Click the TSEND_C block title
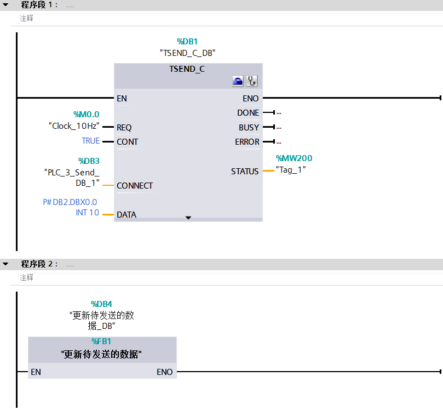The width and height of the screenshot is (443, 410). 187,69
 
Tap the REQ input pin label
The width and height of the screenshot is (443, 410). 124,127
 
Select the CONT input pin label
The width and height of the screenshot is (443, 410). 127,141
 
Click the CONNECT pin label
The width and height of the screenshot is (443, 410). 135,185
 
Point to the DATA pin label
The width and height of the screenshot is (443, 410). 126,214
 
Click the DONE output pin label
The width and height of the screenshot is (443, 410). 248,112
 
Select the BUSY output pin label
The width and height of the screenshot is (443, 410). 249,127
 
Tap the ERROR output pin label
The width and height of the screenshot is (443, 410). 247,141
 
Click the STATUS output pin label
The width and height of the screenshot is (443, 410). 245,171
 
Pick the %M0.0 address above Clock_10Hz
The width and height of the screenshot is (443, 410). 87,114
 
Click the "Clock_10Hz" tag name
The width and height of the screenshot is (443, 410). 74,126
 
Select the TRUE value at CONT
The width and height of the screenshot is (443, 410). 91,141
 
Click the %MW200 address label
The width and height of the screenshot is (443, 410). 294,158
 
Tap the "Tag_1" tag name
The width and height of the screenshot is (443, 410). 291,169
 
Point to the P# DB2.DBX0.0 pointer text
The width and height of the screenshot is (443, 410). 70,202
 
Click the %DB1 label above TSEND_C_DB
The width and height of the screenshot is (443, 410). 187,41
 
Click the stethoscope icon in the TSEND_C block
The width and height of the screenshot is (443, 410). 251,81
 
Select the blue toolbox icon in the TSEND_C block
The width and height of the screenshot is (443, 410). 238,81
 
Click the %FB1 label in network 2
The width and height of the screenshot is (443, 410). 101,341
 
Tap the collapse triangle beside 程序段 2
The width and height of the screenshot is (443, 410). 5,264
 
